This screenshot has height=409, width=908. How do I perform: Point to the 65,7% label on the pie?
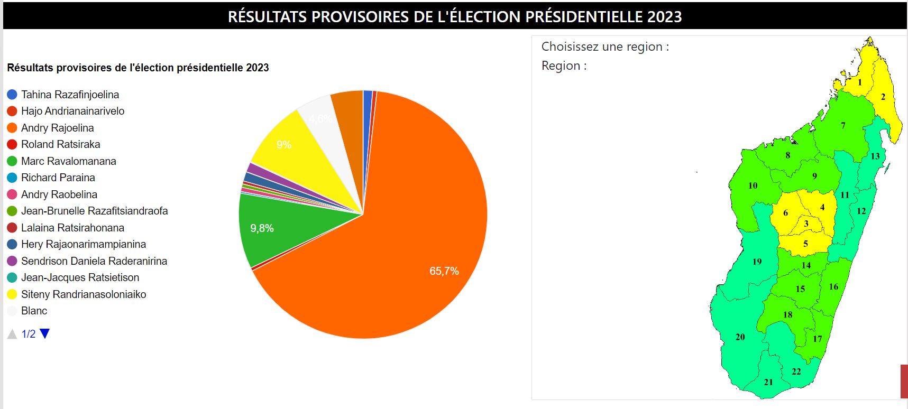tap(444, 271)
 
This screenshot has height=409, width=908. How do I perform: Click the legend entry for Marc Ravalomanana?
tap(68, 161)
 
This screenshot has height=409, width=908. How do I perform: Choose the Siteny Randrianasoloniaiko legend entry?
tap(83, 294)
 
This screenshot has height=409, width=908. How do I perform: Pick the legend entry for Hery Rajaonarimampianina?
tap(83, 244)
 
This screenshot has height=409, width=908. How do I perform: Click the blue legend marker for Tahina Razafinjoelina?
tap(12, 95)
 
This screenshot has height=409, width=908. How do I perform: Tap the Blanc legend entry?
tap(34, 311)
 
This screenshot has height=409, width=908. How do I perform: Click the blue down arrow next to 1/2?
tap(45, 333)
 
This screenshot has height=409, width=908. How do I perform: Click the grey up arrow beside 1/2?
tap(12, 334)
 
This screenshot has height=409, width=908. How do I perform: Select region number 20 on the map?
tap(740, 337)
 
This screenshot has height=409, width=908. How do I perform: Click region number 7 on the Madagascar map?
tap(843, 125)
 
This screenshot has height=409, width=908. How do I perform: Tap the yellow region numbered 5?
tap(805, 244)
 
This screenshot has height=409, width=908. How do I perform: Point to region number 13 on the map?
tap(875, 156)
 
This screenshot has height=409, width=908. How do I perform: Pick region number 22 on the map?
tap(796, 371)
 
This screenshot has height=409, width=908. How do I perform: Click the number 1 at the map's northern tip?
tap(860, 82)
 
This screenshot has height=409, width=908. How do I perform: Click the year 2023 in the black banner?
tap(664, 16)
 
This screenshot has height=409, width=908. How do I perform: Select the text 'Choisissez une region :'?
tap(605, 47)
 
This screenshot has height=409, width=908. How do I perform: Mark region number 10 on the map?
tap(753, 185)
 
